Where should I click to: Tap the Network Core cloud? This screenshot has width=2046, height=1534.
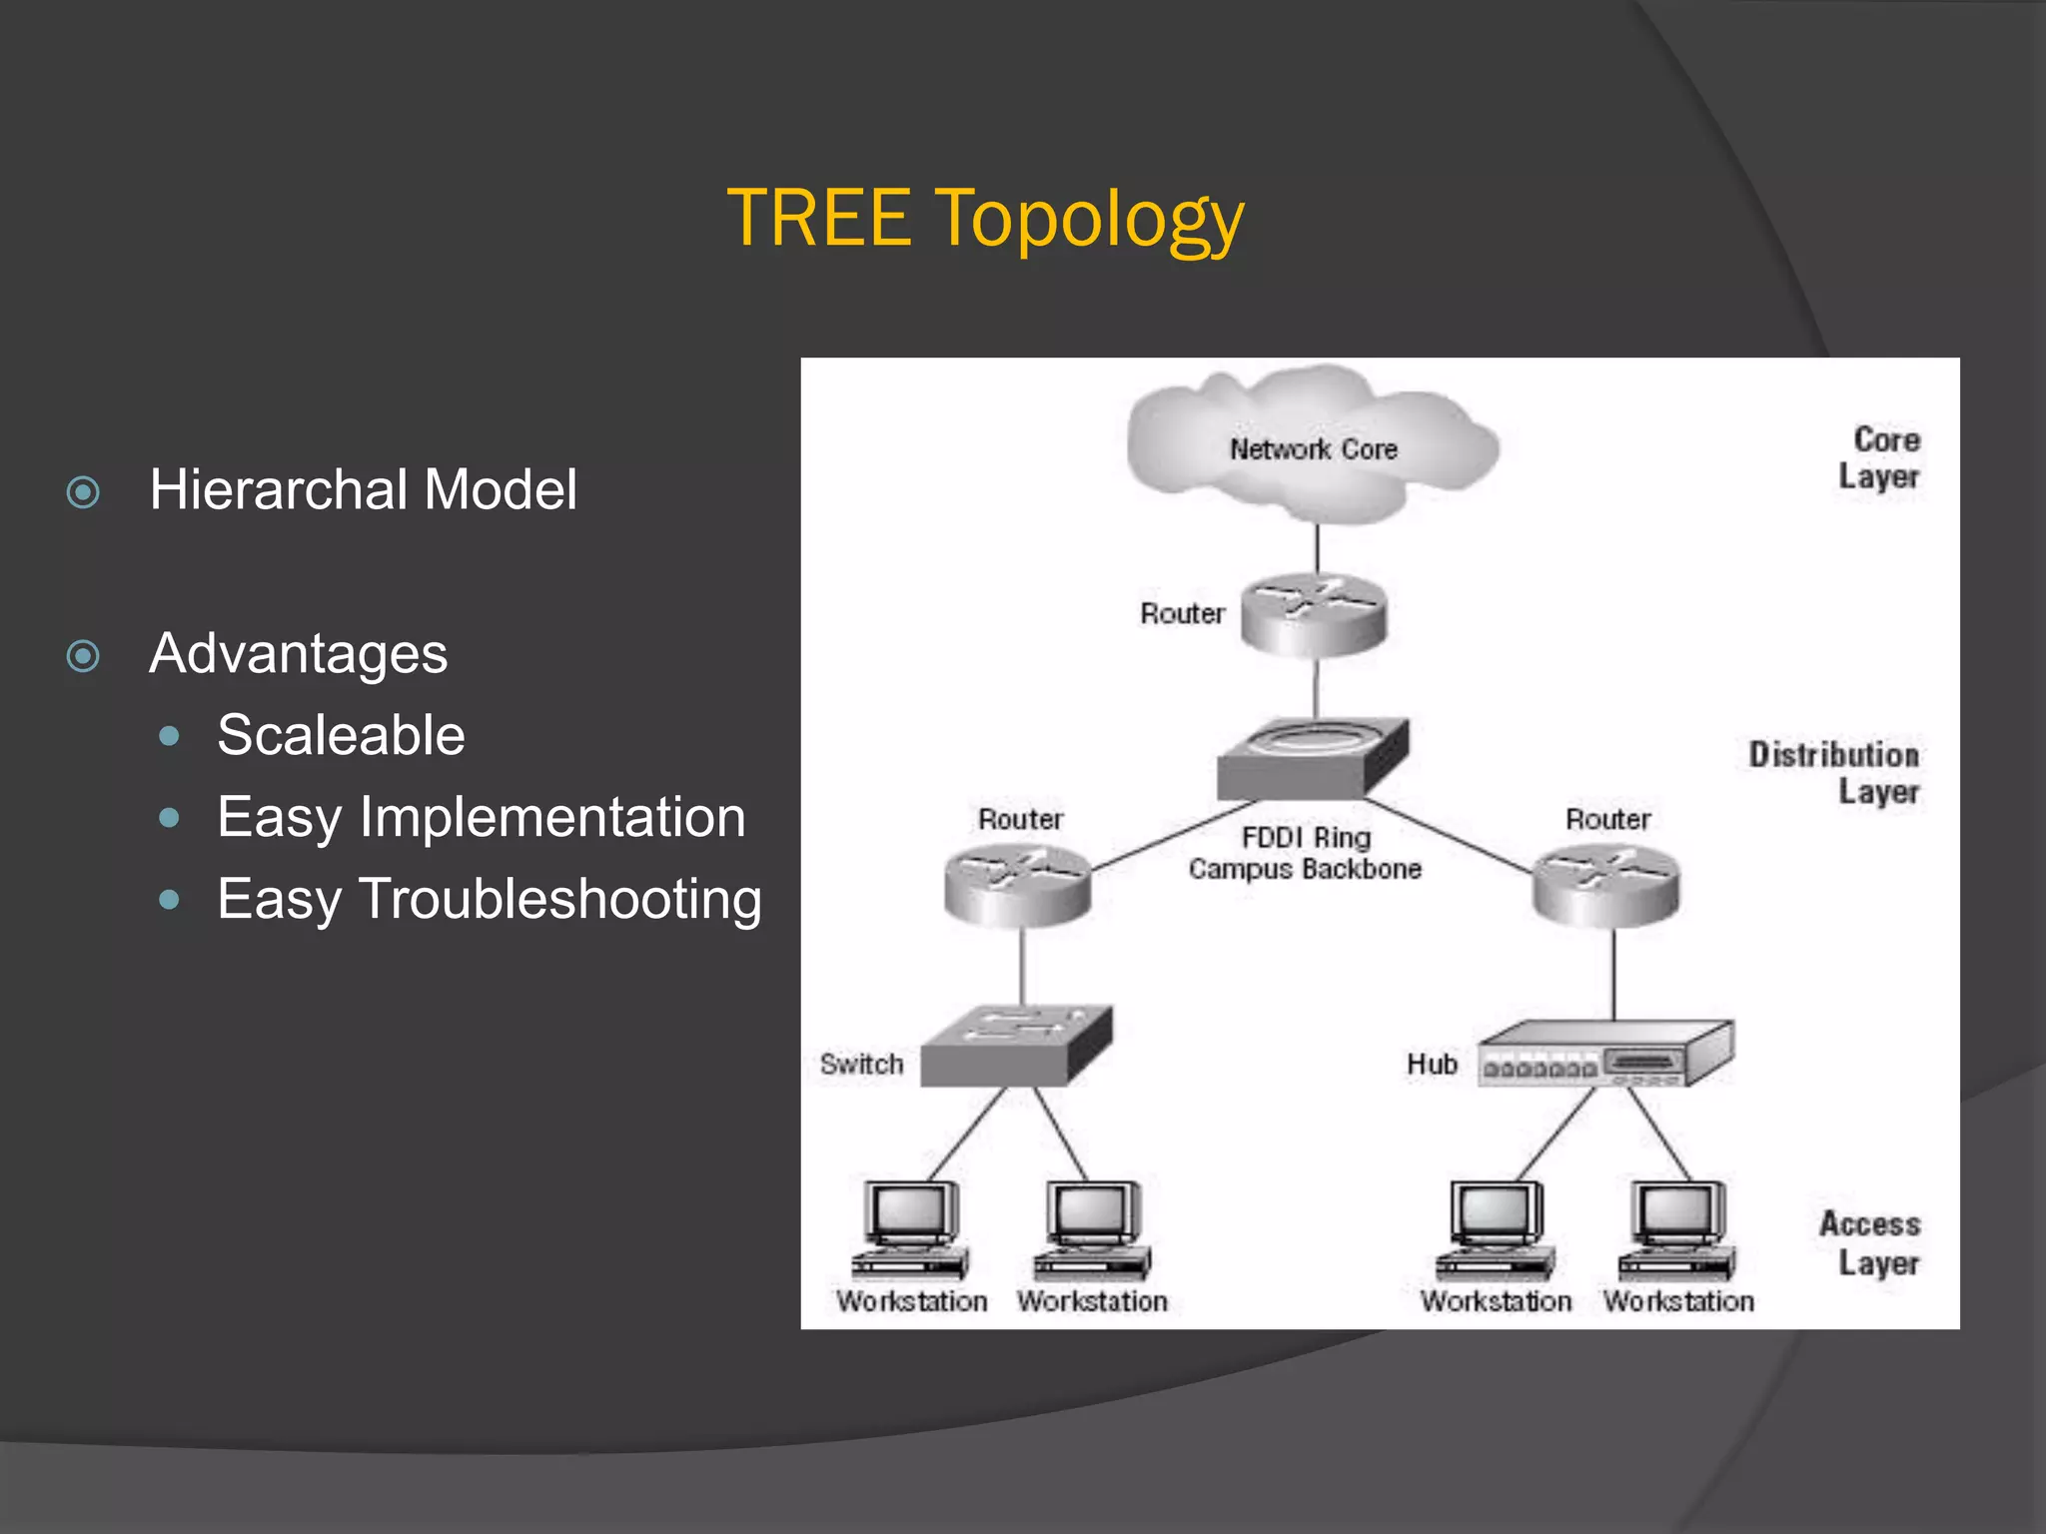tap(1312, 448)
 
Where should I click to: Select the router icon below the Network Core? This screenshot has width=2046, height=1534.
tap(1314, 614)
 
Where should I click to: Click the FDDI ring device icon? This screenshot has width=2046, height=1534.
tap(1312, 758)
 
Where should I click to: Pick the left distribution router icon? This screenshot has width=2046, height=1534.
tap(1017, 883)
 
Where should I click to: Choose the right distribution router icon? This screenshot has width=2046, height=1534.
tap(1605, 883)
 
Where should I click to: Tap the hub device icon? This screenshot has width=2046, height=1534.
tap(1604, 1055)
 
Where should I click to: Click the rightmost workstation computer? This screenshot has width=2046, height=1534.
tap(1677, 1229)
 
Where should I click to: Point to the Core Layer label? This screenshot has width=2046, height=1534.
tap(1880, 458)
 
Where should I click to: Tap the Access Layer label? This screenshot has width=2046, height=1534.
tap(1870, 1243)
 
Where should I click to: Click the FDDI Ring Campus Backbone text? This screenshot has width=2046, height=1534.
tap(1305, 853)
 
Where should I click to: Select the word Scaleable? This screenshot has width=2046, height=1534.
tap(341, 736)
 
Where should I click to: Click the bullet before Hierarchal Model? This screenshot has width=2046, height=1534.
tap(83, 492)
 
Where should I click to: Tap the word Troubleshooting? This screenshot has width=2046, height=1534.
tap(559, 899)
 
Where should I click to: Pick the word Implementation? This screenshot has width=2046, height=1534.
tap(551, 817)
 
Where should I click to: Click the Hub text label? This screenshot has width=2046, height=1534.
tap(1432, 1065)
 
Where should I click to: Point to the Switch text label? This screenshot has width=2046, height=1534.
tap(861, 1065)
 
